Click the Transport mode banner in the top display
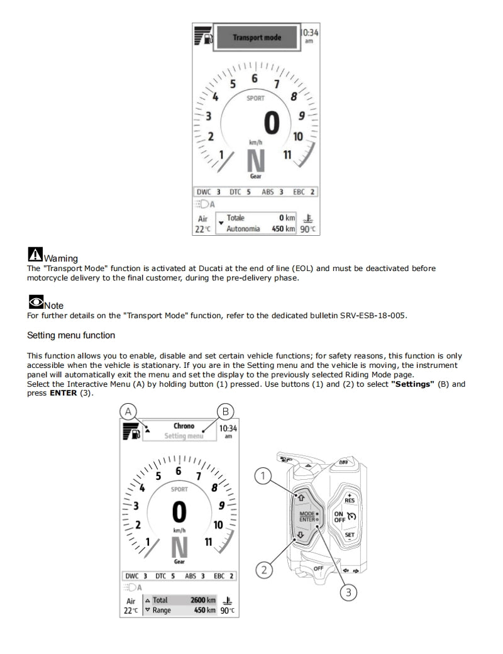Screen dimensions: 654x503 (x=257, y=38)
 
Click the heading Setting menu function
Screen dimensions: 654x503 (x=71, y=336)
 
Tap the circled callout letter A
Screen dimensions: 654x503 (x=128, y=411)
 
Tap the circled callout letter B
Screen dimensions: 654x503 (x=225, y=411)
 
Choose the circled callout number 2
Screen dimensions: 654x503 (x=264, y=570)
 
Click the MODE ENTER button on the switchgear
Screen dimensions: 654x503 (x=307, y=516)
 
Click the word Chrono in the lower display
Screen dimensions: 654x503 (x=184, y=426)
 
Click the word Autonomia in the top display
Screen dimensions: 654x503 (x=243, y=229)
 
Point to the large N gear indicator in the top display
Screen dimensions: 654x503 (x=256, y=162)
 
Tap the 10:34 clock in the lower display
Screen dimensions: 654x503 (x=228, y=429)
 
